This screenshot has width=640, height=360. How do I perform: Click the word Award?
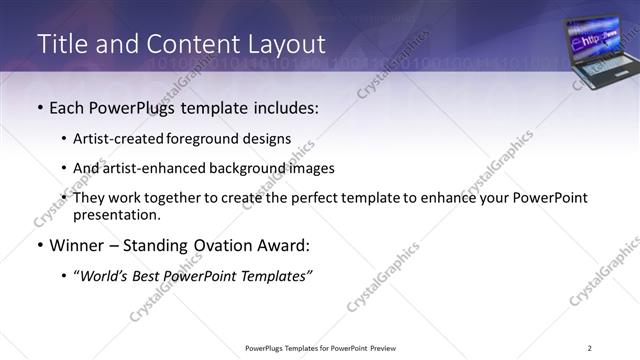click(x=285, y=246)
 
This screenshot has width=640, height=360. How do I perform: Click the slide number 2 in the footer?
click(x=589, y=348)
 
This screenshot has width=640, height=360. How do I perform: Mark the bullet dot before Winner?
click(x=40, y=246)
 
